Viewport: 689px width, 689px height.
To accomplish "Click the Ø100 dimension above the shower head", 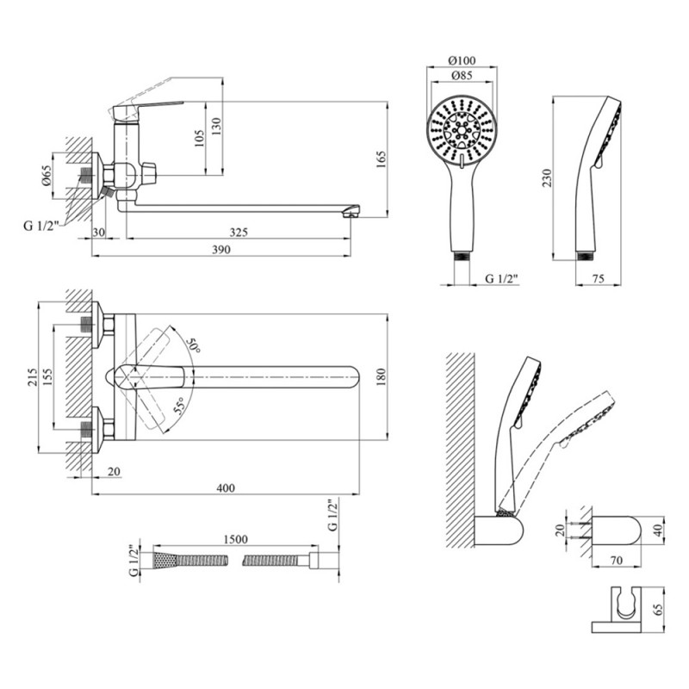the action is (462, 60).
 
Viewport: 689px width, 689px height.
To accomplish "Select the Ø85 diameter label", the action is (462, 75).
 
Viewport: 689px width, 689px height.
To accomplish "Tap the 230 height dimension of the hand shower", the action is (547, 178).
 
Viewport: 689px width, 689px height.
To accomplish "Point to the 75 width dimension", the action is (598, 278).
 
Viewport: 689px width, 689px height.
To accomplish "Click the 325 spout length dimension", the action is (239, 232).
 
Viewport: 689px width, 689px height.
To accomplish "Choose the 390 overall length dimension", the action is (221, 250).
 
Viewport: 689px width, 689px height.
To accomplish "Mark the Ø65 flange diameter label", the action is (47, 175).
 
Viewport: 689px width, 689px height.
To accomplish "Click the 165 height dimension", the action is (381, 159).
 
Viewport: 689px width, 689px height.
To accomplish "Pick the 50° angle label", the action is (192, 344).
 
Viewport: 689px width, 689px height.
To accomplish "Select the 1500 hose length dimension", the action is (235, 539).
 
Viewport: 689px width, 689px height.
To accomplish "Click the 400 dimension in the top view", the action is (226, 487).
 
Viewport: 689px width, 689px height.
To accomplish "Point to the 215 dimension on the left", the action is (33, 377).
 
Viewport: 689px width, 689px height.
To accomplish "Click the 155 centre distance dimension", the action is (47, 377).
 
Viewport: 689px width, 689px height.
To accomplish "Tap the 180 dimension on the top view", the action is (381, 376).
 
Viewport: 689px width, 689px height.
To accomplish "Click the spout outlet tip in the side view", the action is (351, 214).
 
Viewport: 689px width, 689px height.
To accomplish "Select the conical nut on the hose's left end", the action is (164, 561).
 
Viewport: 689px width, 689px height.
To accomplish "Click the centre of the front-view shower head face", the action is (462, 130).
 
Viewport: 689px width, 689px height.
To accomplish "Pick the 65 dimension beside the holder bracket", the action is (658, 610).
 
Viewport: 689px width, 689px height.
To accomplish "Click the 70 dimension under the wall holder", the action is (617, 561).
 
